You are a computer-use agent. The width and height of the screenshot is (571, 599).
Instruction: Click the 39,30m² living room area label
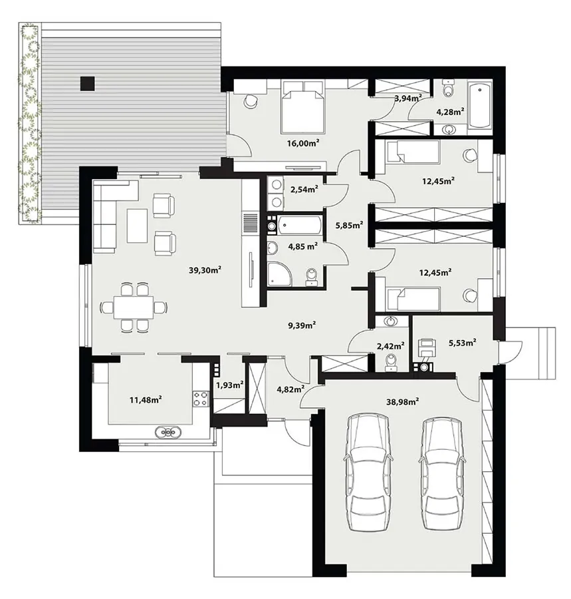(205, 270)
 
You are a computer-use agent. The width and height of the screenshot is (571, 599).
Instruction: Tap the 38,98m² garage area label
(402, 401)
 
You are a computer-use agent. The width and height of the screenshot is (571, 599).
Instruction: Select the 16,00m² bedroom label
(303, 143)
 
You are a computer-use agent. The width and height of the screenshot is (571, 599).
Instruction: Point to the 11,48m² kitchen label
(146, 400)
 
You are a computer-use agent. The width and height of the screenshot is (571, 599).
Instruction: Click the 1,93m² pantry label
(229, 385)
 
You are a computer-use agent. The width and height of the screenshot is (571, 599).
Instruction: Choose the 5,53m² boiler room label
(462, 343)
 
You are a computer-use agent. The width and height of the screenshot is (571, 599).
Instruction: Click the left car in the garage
(367, 473)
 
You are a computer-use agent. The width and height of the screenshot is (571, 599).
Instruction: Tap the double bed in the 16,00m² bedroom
(303, 107)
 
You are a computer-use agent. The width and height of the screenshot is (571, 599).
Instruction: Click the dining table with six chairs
(134, 307)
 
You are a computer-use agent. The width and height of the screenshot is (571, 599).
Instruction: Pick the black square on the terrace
(87, 84)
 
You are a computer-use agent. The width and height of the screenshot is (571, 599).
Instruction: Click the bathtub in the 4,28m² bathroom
(479, 105)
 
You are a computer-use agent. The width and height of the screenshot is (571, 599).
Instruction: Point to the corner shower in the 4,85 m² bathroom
(279, 274)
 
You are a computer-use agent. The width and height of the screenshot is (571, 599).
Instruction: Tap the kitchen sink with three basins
(168, 432)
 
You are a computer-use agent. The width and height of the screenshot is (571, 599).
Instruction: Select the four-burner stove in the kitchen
(201, 399)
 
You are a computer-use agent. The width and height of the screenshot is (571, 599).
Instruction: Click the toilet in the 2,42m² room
(392, 363)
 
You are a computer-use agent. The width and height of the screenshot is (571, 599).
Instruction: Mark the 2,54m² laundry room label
(304, 189)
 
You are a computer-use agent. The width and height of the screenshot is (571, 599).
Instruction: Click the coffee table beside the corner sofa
(138, 226)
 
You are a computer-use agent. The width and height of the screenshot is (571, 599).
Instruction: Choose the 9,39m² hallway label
(302, 325)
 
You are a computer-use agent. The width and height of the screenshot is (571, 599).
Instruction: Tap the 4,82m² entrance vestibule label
(290, 389)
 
